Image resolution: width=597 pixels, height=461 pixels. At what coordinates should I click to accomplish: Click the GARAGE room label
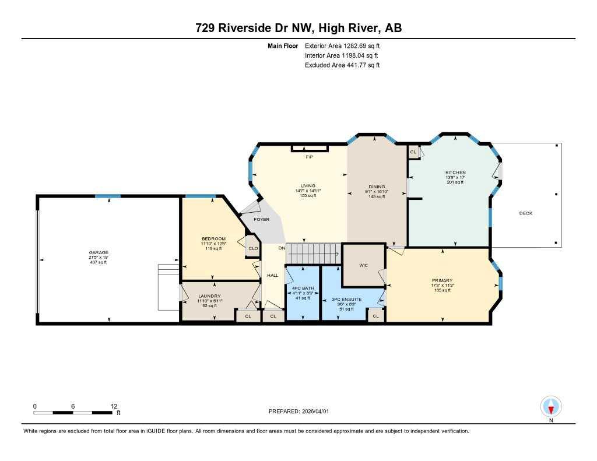tap(99, 252)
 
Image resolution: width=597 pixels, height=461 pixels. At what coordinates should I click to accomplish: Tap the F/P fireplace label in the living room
tap(309, 157)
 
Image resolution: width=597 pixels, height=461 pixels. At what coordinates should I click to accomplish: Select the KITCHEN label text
tap(455, 173)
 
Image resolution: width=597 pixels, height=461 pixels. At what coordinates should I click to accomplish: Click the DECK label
tap(525, 213)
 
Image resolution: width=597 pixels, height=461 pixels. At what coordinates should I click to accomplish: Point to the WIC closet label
tap(363, 265)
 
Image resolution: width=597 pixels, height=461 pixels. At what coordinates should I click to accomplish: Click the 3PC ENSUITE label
tap(347, 299)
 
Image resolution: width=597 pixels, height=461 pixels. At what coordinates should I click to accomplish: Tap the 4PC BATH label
tap(302, 288)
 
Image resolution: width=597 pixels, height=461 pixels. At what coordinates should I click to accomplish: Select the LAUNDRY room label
tap(209, 296)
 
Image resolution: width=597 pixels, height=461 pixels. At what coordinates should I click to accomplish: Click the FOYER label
tap(261, 219)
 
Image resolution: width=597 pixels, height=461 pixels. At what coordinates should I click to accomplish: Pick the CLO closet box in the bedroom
tap(253, 248)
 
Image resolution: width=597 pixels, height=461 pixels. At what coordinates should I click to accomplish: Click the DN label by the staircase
tap(281, 248)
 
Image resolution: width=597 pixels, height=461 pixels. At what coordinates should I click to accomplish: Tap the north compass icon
tap(550, 406)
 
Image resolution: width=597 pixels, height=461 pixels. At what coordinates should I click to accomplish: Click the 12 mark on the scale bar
tap(114, 406)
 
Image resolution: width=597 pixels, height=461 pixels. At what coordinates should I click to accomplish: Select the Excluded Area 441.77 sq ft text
tap(342, 65)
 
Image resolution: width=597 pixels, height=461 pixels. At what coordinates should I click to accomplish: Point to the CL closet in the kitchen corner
tap(413, 152)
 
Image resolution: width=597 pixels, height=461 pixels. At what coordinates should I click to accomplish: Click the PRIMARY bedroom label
tap(442, 280)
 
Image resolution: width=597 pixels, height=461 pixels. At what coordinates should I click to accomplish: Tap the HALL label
tap(272, 275)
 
